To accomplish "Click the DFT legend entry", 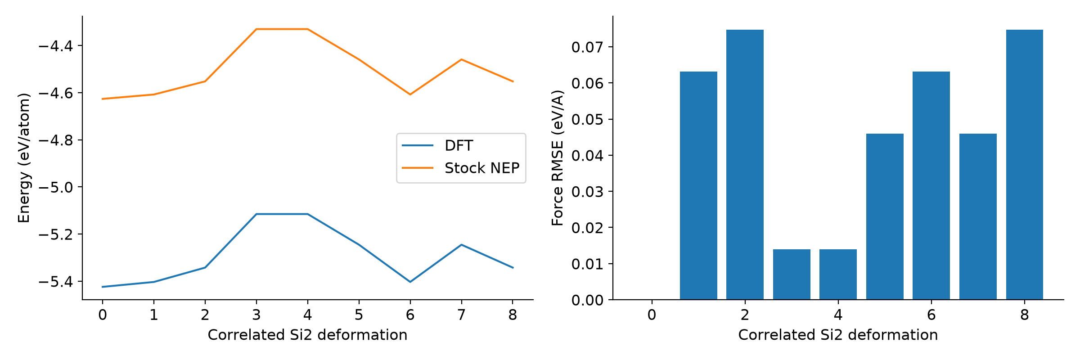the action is [437, 145].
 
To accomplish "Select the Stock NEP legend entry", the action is [460, 168].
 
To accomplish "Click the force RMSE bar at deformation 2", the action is [745, 165].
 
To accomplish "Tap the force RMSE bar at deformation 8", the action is [1025, 165].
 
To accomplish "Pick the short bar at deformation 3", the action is [792, 274].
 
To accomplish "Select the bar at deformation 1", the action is [698, 185].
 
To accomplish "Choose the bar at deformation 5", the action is [885, 216].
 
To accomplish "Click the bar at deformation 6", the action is [931, 185].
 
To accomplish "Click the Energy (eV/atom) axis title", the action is [24, 158].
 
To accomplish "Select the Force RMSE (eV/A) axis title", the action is [558, 158].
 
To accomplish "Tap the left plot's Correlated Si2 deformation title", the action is [307, 335].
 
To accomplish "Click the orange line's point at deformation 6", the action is [410, 94].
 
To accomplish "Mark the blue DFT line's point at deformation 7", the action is [461, 245].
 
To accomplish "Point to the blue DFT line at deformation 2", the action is [205, 267].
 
